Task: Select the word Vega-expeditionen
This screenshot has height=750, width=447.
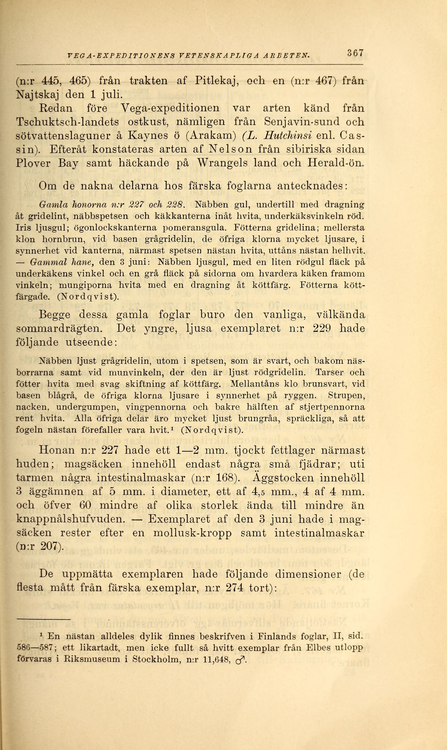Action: click(170, 108)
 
